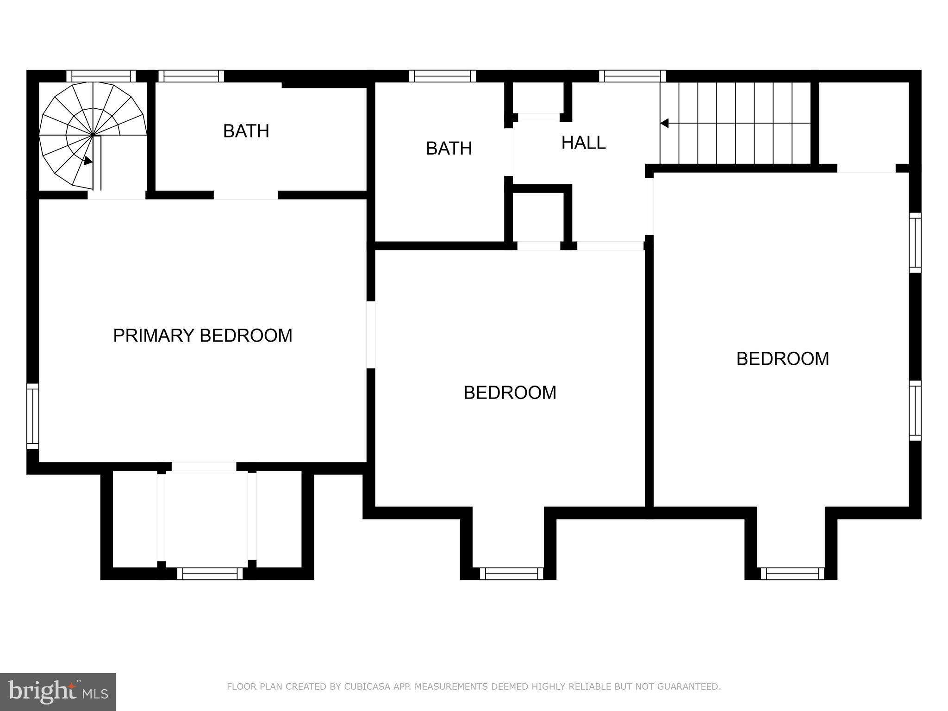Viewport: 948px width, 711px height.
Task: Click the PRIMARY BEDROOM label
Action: tap(203, 336)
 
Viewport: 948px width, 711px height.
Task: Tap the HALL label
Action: tap(583, 143)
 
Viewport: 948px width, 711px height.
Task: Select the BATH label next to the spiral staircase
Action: tap(246, 131)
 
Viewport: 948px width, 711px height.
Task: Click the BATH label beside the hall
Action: tap(449, 148)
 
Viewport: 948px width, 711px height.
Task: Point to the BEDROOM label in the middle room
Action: tap(510, 393)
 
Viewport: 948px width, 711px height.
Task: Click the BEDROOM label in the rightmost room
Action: tap(782, 359)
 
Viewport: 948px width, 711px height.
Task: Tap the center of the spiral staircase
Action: tap(93, 135)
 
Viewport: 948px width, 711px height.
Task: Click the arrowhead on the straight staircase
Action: tap(664, 123)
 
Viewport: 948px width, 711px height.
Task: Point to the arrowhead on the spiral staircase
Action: tap(88, 161)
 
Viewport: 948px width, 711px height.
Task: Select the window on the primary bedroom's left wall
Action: tap(32, 416)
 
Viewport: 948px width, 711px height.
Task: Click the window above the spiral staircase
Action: tap(101, 76)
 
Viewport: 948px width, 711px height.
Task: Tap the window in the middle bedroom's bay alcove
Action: tap(511, 574)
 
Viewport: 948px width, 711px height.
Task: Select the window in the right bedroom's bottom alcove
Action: tap(792, 574)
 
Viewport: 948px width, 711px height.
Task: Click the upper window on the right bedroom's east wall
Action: tap(915, 243)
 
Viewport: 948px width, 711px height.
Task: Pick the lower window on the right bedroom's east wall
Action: tap(915, 410)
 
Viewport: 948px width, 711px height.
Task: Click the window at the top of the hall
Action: tap(632, 76)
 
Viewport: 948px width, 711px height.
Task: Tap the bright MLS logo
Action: tap(57, 692)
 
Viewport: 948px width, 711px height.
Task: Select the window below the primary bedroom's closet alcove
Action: tap(210, 574)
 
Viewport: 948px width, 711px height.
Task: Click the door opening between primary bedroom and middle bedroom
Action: tap(371, 335)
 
